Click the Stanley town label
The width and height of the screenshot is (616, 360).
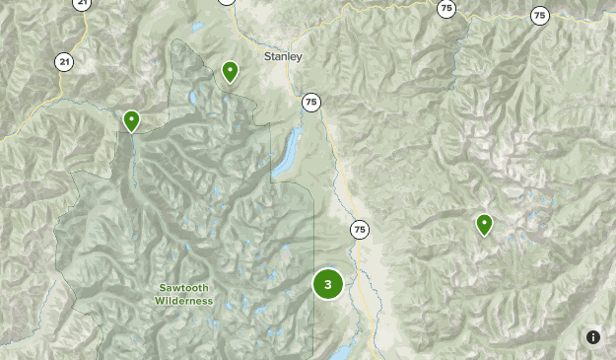pyautogui.click(x=283, y=56)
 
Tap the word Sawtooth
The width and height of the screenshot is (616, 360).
pyautogui.click(x=183, y=288)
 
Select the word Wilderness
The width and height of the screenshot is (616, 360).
pyautogui.click(x=183, y=301)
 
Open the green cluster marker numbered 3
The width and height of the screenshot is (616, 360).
pyautogui.click(x=328, y=284)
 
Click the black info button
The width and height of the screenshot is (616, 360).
pyautogui.click(x=593, y=337)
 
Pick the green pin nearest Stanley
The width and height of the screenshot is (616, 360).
pyautogui.click(x=230, y=71)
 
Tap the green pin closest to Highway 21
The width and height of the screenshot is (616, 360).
pyautogui.click(x=131, y=121)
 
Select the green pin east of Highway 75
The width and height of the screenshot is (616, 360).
pyautogui.click(x=484, y=225)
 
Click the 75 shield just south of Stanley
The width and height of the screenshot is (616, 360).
pyautogui.click(x=311, y=102)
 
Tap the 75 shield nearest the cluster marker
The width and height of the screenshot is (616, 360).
pyautogui.click(x=359, y=230)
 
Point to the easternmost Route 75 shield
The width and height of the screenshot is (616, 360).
pyautogui.click(x=539, y=15)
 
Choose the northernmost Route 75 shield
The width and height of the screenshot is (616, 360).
pyautogui.click(x=446, y=8)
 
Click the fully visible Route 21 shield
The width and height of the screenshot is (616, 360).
pyautogui.click(x=64, y=61)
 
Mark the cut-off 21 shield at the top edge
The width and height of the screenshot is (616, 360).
pyautogui.click(x=82, y=3)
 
